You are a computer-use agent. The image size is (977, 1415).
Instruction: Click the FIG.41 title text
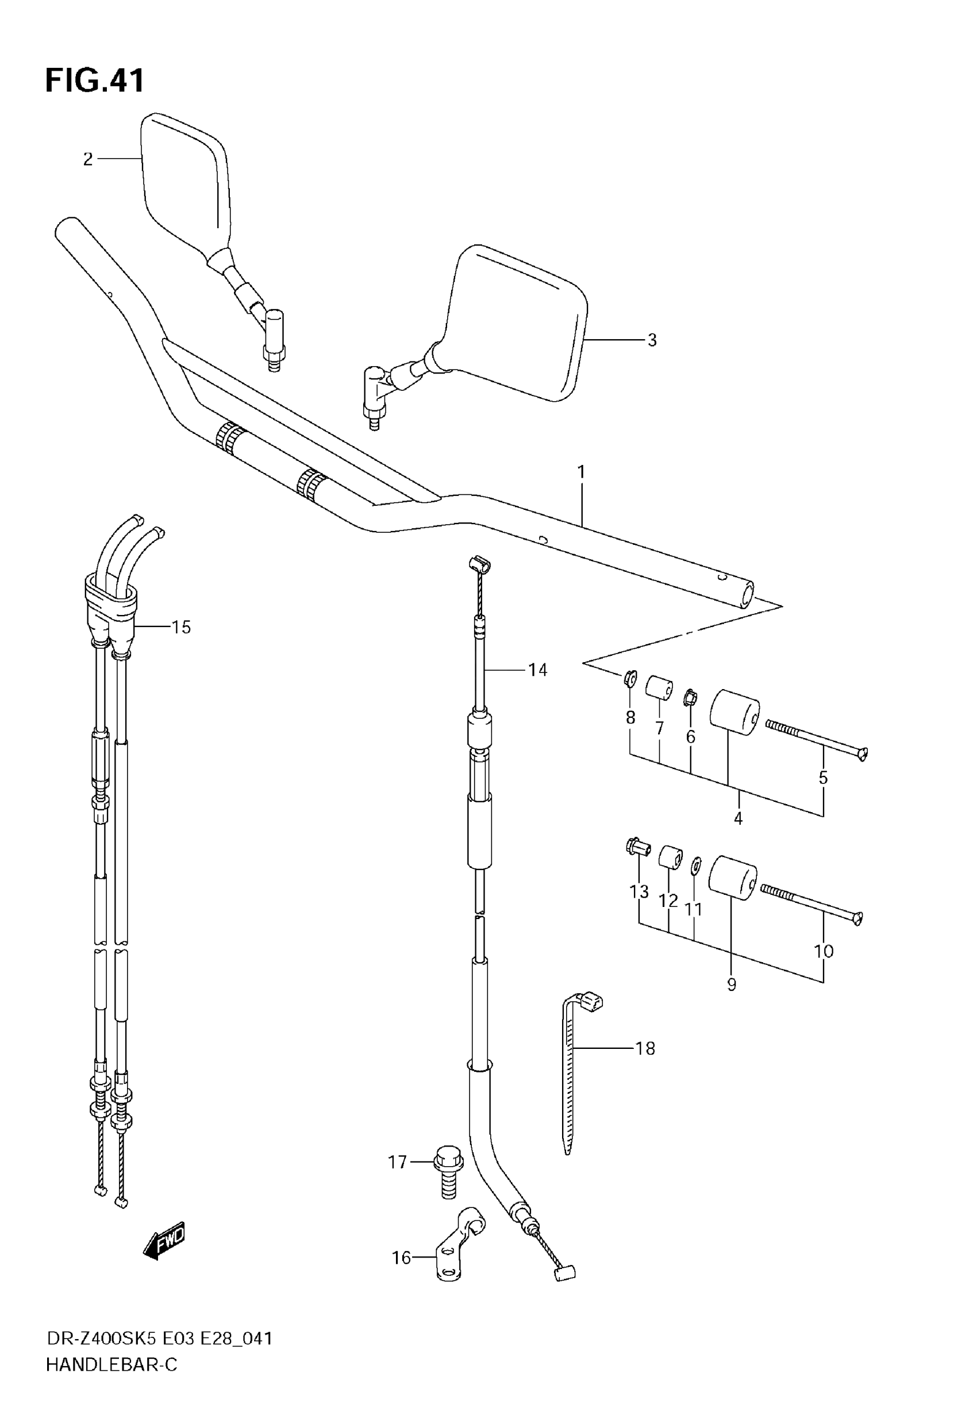tap(95, 81)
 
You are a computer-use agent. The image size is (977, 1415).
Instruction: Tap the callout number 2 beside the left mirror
tap(88, 160)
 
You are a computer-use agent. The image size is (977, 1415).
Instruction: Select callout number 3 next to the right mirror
tap(652, 340)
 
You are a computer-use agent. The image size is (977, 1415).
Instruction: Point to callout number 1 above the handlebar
tap(581, 472)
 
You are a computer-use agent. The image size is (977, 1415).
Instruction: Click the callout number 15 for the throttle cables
tap(180, 628)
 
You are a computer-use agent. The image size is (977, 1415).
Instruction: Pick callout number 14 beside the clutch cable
tap(537, 670)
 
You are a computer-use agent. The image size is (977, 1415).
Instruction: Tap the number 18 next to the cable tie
tap(645, 1048)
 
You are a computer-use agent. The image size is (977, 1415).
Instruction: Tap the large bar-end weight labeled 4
tap(733, 714)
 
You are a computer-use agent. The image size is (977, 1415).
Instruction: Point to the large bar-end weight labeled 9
tap(732, 878)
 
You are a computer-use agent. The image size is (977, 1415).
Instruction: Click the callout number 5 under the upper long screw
tap(823, 778)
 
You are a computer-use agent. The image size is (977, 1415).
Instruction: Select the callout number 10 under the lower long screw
tap(824, 951)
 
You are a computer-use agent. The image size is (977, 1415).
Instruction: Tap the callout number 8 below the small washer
tap(630, 717)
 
